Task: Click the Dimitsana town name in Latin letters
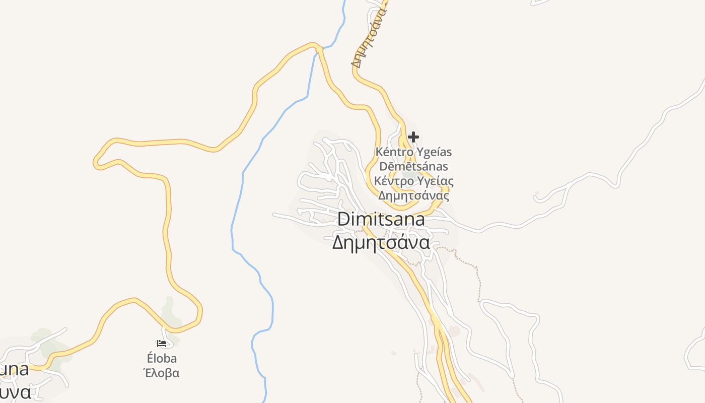coord(381,220)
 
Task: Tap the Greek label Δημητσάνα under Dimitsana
coord(381,243)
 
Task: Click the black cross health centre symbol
coord(413,137)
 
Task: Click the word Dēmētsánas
coord(413,166)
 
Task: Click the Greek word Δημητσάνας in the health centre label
coord(413,195)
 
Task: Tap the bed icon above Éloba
coord(162,344)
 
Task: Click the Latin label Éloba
coord(162,359)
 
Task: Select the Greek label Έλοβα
coord(162,373)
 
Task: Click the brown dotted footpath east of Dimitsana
coord(476,277)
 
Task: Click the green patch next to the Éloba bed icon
coord(171,310)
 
